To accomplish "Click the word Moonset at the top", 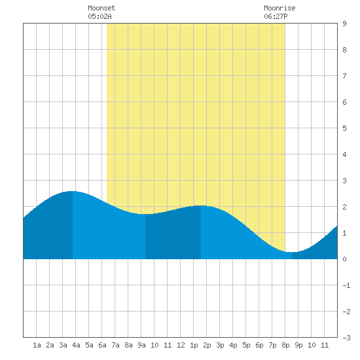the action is tap(101, 8).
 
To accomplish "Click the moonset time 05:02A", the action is tap(99, 16).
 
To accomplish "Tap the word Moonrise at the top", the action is tap(279, 8).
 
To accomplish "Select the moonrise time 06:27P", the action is tap(276, 16).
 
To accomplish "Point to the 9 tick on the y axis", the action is tap(344, 24).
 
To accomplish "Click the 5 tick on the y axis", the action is tap(344, 128).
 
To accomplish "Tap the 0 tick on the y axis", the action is tap(344, 259).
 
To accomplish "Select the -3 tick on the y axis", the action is tap(346, 338).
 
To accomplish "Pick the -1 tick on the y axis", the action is tap(346, 285).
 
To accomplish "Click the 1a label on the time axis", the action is tap(37, 345).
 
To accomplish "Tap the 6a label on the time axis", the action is tap(102, 345).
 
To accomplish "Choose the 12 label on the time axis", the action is tap(181, 345).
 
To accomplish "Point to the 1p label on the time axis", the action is tap(194, 345).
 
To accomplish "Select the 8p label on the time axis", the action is tap(285, 345).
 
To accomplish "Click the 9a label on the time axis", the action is tap(141, 345).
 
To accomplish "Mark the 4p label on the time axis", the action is tap(233, 345).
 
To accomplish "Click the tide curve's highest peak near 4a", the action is tap(73, 191).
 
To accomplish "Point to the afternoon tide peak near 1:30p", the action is tap(201, 206).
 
